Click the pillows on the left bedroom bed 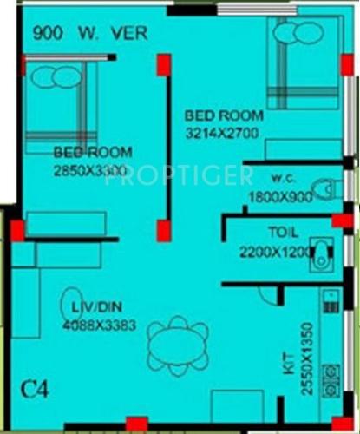(53, 77)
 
